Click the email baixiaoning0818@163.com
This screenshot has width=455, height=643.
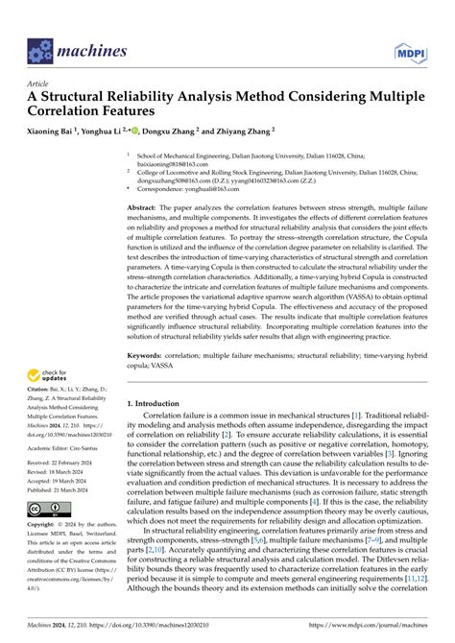pos(177,164)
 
